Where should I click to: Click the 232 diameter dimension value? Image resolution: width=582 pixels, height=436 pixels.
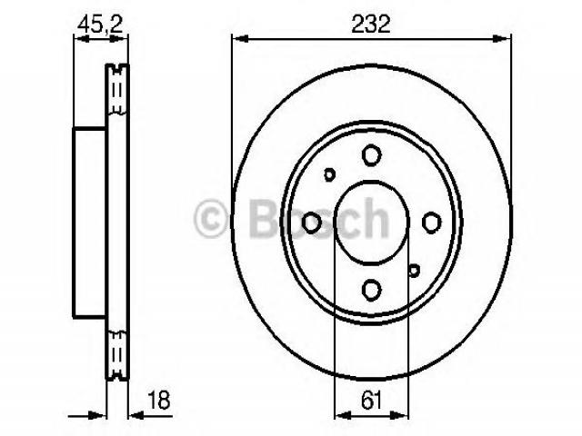371,25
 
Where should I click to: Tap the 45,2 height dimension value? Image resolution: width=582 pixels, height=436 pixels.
100,25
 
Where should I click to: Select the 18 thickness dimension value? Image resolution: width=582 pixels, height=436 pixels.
159,400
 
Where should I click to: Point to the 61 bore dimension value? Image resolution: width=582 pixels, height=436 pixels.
371,400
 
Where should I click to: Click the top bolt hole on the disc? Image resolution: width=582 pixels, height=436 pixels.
372,155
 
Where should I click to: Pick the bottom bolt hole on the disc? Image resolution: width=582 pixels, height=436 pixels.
372,290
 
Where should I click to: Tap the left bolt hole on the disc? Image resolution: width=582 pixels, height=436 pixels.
311,223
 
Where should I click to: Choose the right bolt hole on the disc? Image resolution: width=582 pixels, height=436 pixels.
432,223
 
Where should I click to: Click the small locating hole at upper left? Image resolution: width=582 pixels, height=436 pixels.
329,174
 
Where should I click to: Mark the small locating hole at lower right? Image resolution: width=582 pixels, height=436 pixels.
414,271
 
